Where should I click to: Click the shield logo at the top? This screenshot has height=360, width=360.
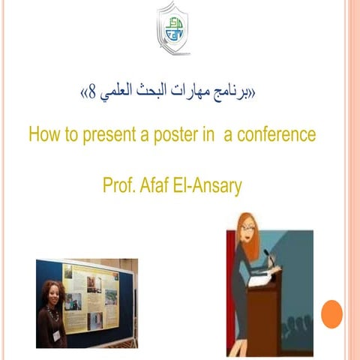(175, 28)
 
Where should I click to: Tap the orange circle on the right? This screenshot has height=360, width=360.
(331, 313)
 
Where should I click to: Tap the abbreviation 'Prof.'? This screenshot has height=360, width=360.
(118, 186)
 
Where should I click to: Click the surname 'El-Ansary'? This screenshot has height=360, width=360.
(209, 186)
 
